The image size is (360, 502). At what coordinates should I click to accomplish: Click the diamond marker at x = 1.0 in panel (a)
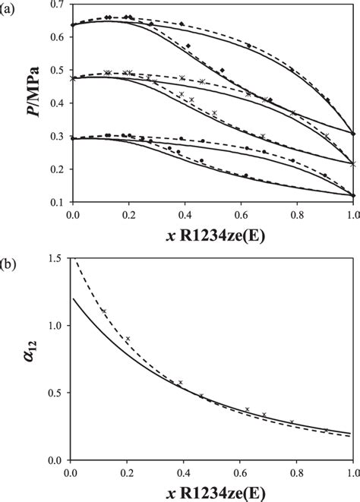(353, 134)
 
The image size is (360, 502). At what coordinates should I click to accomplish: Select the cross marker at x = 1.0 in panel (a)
(353, 163)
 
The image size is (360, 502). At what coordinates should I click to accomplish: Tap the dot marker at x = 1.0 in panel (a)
(353, 196)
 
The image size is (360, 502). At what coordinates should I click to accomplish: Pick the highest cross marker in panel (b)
(103, 311)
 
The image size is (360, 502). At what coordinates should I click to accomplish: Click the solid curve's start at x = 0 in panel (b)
(74, 298)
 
